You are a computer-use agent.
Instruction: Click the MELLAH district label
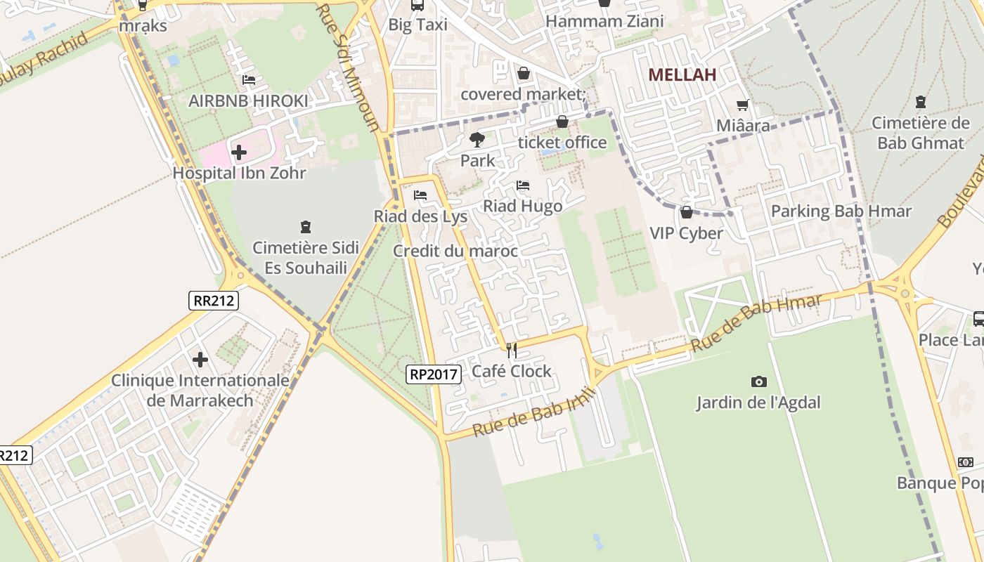(x=682, y=74)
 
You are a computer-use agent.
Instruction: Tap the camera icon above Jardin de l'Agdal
(x=758, y=381)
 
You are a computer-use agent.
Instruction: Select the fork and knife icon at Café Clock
(x=512, y=350)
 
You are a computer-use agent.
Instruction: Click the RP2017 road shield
(x=434, y=374)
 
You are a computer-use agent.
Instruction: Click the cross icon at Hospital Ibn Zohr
(x=239, y=152)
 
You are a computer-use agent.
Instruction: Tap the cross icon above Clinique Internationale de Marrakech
(x=200, y=360)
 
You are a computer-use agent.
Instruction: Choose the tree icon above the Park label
(x=477, y=139)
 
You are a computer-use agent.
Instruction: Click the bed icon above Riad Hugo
(x=523, y=185)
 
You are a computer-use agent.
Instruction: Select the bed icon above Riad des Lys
(x=420, y=195)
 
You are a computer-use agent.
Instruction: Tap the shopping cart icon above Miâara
(x=743, y=105)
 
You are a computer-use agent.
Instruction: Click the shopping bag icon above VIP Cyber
(x=687, y=211)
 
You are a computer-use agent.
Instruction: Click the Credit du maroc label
(x=455, y=251)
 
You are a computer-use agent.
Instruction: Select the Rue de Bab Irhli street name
(x=534, y=411)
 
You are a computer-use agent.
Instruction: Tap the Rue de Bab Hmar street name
(x=756, y=323)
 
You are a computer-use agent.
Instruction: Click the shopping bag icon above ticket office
(x=562, y=122)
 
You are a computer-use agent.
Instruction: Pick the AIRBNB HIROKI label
(x=248, y=101)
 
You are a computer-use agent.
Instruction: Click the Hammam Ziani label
(x=604, y=21)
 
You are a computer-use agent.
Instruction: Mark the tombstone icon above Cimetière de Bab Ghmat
(x=920, y=102)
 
